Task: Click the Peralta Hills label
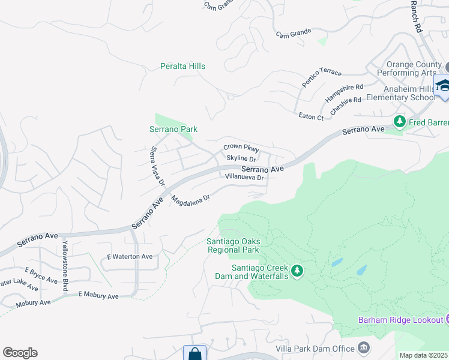183,66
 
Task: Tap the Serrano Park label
173,129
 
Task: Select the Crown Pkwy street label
241,148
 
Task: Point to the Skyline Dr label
241,158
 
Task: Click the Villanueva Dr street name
244,178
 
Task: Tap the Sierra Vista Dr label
158,166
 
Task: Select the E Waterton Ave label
130,256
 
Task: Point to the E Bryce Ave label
41,275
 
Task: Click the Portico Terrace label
322,77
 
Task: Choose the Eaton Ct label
311,116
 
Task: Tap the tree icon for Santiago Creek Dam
297,271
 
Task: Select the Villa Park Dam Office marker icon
363,347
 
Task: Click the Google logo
20,353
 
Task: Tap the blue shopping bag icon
194,353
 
